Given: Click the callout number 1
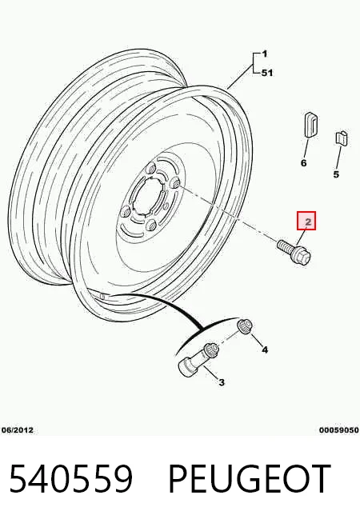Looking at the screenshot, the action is click(264, 54).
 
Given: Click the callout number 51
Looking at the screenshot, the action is click(267, 73).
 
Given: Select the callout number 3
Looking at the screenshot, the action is click(222, 382).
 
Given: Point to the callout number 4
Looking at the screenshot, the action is click(265, 349).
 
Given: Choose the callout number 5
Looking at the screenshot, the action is click(336, 174).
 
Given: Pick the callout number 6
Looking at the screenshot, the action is click(304, 163).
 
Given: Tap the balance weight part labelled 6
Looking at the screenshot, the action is click(310, 125).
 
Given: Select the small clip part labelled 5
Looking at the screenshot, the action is click(342, 138).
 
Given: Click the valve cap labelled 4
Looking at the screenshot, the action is click(245, 325).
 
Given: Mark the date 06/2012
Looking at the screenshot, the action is click(18, 430).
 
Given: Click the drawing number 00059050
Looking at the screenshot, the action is click(339, 430).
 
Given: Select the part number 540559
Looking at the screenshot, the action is click(71, 479).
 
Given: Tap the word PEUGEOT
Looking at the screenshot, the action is click(250, 479).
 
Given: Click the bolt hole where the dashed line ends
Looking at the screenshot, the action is click(175, 183).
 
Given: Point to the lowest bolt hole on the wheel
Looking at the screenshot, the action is click(151, 226).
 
